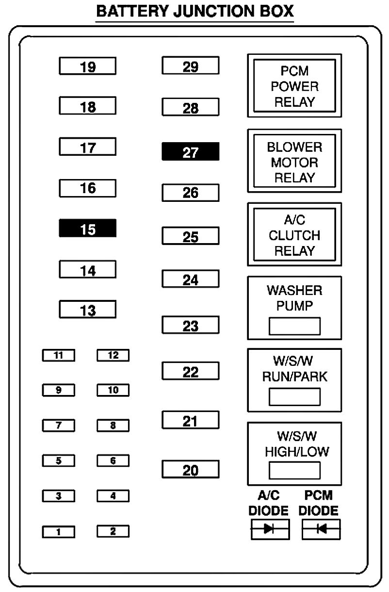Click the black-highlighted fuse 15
88,228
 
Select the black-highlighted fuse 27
190,152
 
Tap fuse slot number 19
88,66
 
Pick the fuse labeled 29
190,66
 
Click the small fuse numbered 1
59,532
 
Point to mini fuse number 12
113,356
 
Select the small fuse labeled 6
113,461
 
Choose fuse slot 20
190,469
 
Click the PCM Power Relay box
294,86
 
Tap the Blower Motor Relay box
294,162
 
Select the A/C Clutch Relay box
294,235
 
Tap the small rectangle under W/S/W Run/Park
294,397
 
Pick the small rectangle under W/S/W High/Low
294,470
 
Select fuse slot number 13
88,309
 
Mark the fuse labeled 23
190,325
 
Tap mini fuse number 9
59,391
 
